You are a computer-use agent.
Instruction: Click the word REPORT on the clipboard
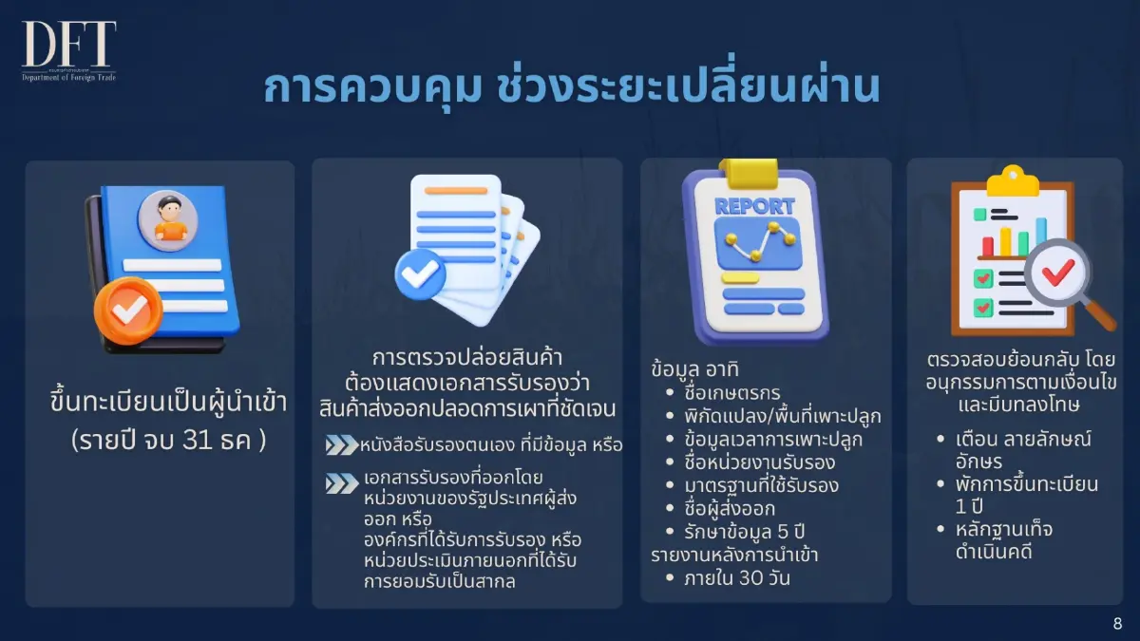click(754, 206)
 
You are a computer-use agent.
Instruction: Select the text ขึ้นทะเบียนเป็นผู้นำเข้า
click(159, 402)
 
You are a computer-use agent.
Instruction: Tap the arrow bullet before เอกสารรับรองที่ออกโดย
click(341, 483)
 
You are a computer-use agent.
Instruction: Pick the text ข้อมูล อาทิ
click(696, 370)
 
